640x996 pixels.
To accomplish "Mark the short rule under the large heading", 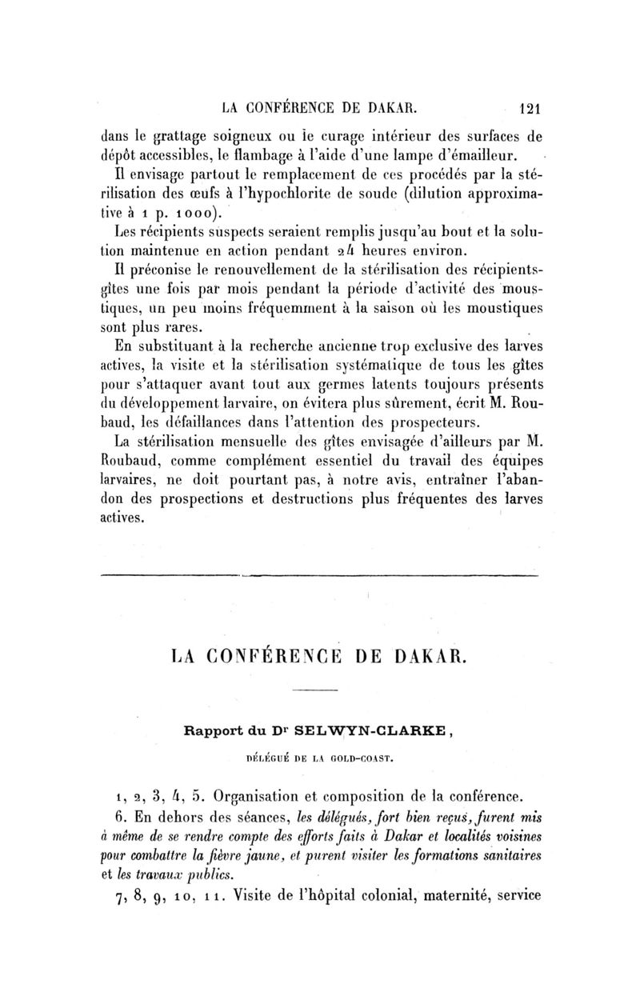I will click(x=320, y=691).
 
